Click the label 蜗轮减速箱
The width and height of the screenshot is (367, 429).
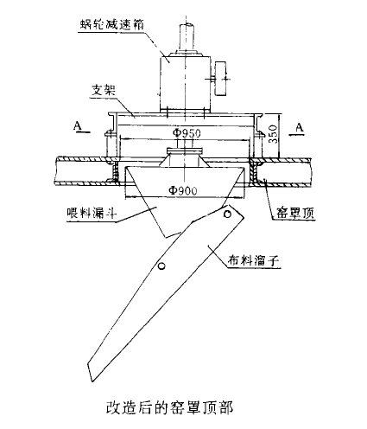click(112, 24)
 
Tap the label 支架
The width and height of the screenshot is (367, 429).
click(104, 90)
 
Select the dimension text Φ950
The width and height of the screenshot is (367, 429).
click(187, 133)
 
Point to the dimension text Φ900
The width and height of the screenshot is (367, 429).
click(183, 190)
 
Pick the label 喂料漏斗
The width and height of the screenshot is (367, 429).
click(92, 214)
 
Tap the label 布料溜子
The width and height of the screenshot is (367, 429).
click(253, 260)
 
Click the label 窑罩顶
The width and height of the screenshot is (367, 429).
click(295, 213)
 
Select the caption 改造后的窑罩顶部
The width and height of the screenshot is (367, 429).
click(169, 408)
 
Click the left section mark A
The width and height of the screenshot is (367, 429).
click(77, 126)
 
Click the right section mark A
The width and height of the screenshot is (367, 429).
click(300, 127)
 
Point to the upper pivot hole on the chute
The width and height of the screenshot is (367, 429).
click(228, 214)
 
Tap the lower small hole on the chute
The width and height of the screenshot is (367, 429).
click(161, 266)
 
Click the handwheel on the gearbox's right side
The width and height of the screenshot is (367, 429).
click(221, 79)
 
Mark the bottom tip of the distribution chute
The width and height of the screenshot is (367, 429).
click(92, 382)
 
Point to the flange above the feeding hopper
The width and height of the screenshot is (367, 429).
click(185, 150)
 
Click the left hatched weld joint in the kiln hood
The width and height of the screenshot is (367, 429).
click(116, 171)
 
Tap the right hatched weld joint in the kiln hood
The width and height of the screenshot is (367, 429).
click(255, 171)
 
